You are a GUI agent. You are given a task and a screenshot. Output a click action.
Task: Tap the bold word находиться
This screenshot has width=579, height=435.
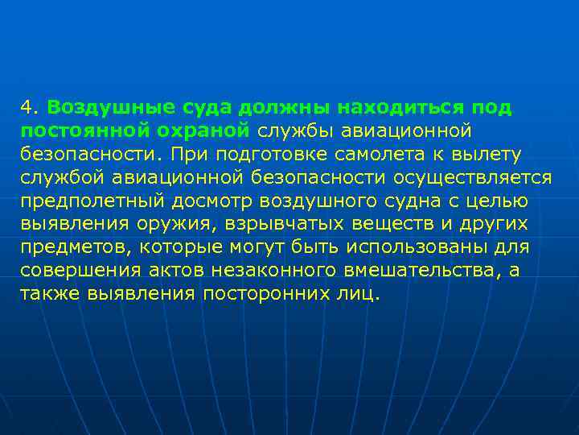pyautogui.click(x=388, y=107)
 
